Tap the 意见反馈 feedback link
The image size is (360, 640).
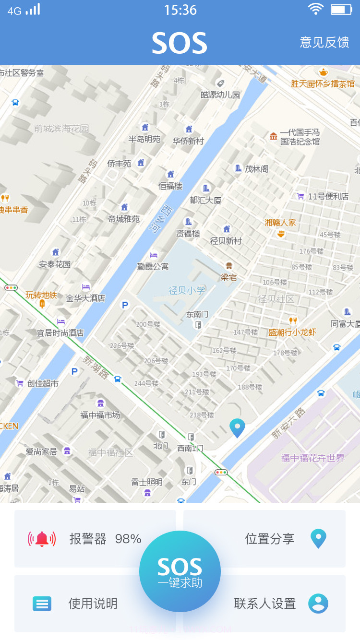(324, 42)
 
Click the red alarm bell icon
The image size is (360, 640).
(42, 539)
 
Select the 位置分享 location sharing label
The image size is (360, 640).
(269, 539)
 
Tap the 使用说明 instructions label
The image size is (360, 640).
(93, 604)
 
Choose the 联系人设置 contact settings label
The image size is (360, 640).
(264, 604)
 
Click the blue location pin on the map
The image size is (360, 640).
(237, 427)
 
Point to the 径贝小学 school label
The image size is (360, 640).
(187, 290)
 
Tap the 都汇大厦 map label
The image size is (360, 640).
(205, 200)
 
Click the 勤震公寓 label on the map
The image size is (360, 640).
(153, 266)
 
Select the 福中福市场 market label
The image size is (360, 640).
(100, 415)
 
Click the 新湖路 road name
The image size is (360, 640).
(96, 367)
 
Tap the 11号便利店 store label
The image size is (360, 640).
(328, 196)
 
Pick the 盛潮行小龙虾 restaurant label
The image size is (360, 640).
(292, 332)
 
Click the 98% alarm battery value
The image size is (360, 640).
(128, 539)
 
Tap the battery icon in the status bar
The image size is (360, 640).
(341, 10)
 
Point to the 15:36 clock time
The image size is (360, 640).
(180, 10)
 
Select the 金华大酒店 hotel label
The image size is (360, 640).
(85, 298)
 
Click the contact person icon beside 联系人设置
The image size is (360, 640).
(318, 604)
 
